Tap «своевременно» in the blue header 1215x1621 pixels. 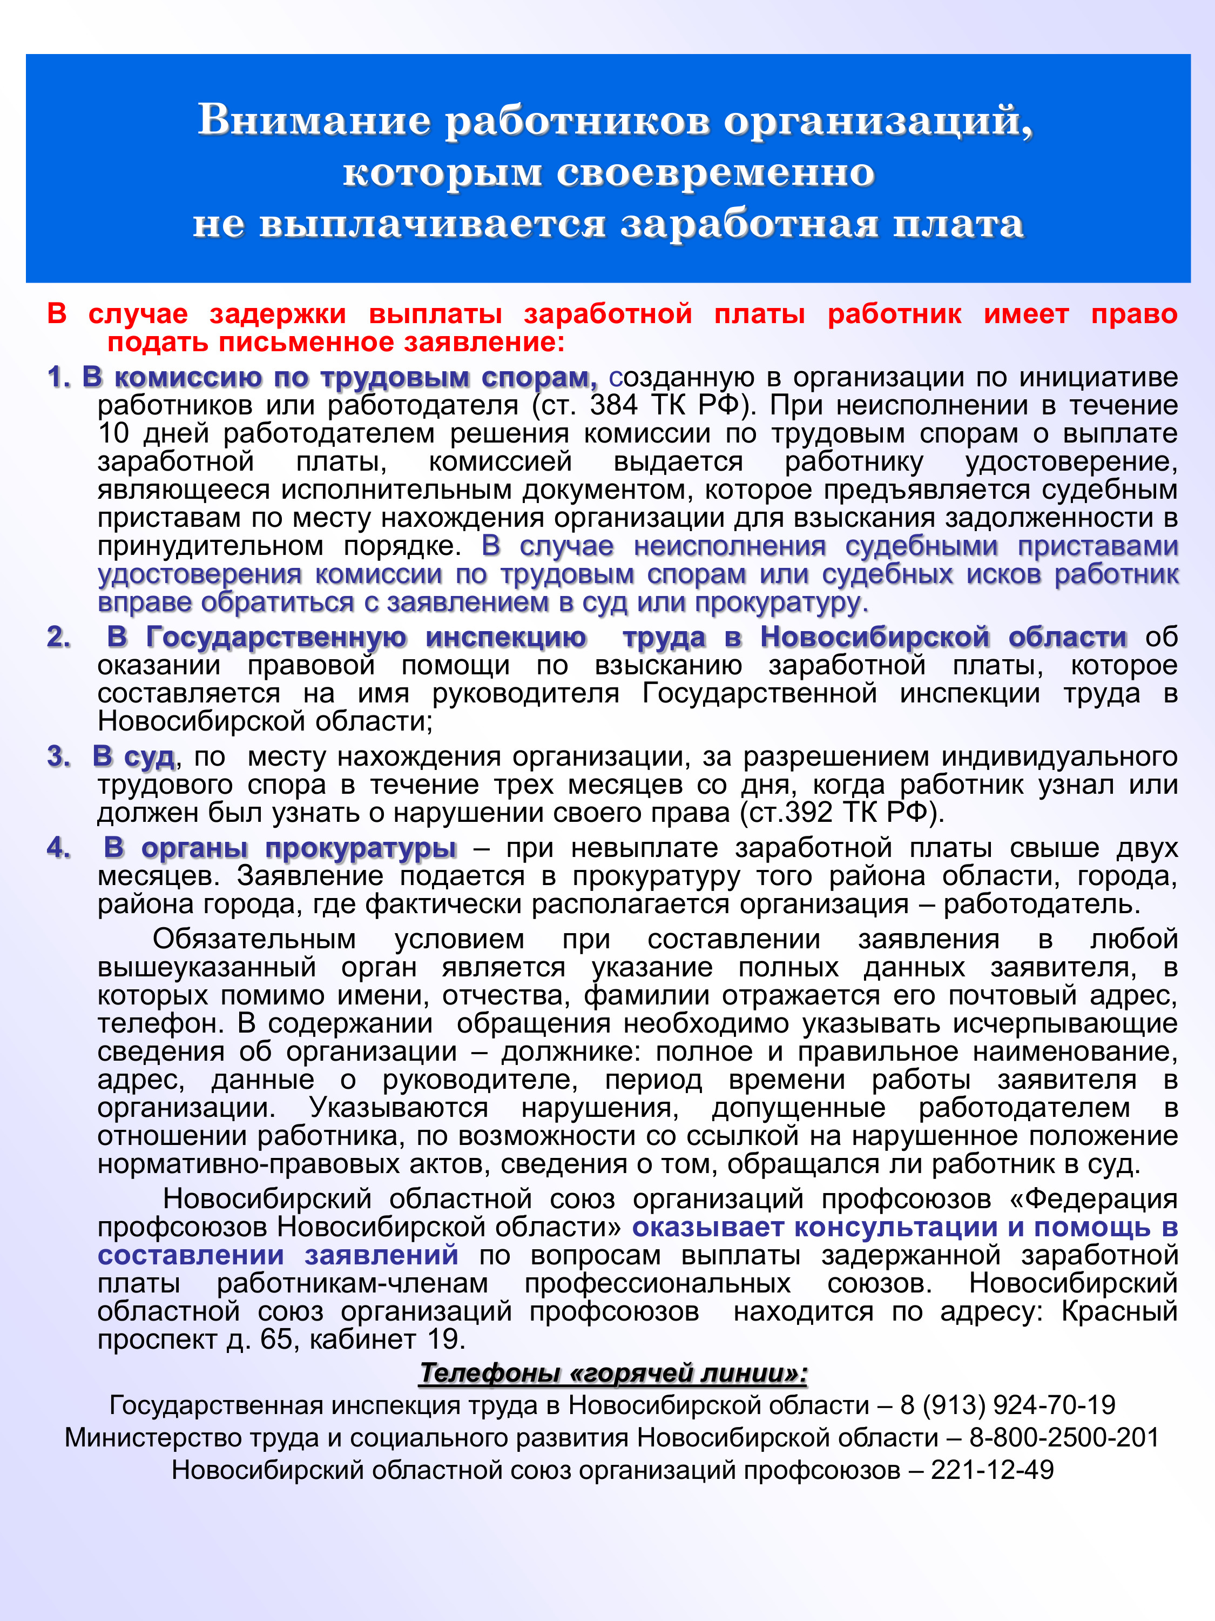pyautogui.click(x=715, y=172)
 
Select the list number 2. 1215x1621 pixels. pyautogui.click(x=58, y=637)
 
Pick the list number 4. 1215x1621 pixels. pyautogui.click(x=58, y=848)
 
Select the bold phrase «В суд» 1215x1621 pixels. pyautogui.click(x=133, y=756)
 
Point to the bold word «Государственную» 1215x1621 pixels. pyautogui.click(x=275, y=637)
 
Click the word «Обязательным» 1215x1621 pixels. pyautogui.click(x=254, y=940)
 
